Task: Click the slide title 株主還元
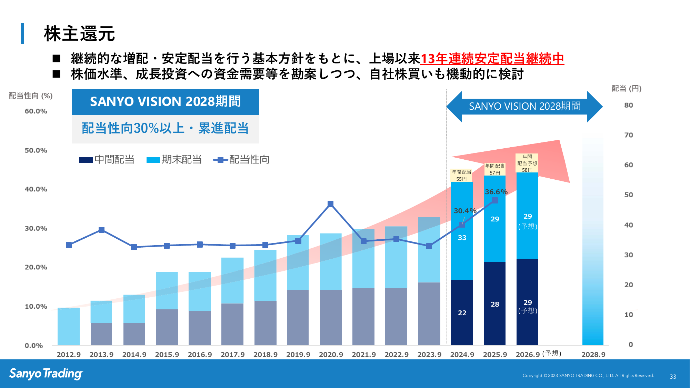[79, 34]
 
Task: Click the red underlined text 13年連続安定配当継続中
[492, 59]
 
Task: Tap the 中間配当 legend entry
[107, 160]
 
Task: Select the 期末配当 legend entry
[174, 160]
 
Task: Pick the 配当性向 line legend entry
[242, 160]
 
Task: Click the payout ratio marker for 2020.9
[330, 204]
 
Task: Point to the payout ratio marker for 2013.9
[101, 230]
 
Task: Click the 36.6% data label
[496, 192]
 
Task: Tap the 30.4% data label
[465, 211]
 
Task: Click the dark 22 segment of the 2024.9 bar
[462, 312]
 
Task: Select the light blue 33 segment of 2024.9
[462, 238]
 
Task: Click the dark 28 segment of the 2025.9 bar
[495, 304]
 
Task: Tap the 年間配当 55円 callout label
[461, 175]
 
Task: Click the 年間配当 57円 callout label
[495, 169]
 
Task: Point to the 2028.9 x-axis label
[593, 355]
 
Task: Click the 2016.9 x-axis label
[200, 355]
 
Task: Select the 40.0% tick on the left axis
[36, 189]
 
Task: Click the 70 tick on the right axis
[629, 135]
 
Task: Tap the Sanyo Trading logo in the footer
[46, 374]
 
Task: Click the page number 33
[673, 377]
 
